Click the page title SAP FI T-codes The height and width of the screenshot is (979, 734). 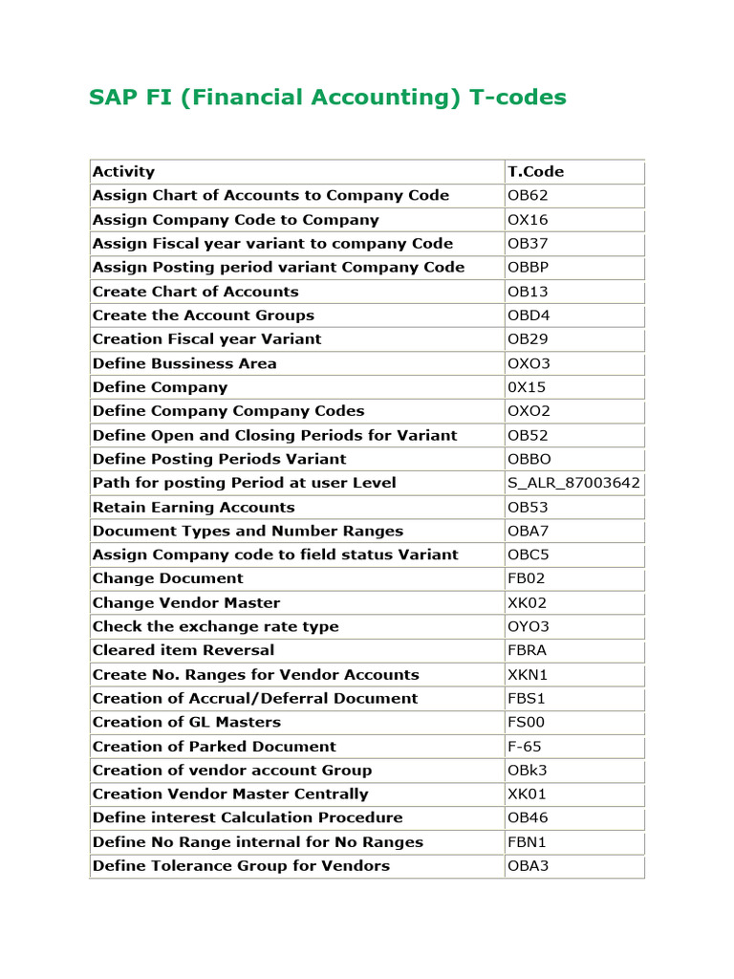click(328, 98)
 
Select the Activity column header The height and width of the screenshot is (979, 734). click(123, 172)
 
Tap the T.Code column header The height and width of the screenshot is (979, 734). click(535, 172)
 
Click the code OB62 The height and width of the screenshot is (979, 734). click(528, 196)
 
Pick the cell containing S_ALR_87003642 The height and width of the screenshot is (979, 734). click(573, 483)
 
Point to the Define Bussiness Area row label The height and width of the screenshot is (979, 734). click(184, 363)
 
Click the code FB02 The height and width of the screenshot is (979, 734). click(527, 578)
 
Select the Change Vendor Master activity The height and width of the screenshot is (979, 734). click(186, 602)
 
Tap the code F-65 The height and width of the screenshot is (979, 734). click(524, 746)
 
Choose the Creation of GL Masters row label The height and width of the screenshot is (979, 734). click(186, 722)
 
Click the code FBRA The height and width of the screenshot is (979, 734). click(528, 650)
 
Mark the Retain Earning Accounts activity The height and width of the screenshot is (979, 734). click(193, 507)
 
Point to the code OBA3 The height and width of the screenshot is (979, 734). click(528, 865)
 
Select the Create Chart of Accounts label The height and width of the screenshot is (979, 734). click(195, 292)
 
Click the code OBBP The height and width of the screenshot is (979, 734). click(528, 268)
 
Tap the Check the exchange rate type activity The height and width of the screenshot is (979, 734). click(215, 626)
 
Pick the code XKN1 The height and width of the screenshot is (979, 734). click(528, 674)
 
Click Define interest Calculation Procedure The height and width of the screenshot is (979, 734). click(248, 817)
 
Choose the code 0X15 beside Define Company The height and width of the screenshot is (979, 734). click(528, 387)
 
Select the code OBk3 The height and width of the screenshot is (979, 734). click(528, 770)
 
